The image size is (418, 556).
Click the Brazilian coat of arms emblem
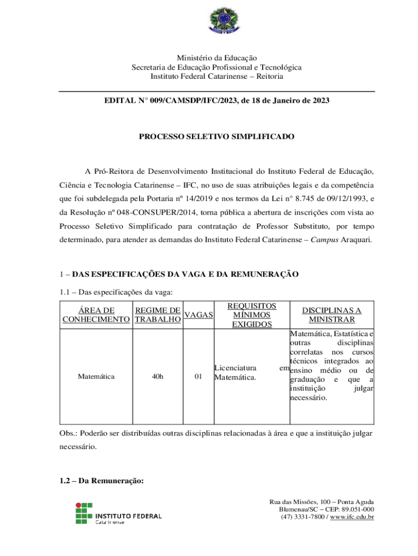coord(219,21)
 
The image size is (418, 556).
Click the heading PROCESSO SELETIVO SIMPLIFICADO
coord(217,137)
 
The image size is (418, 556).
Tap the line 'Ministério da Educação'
coord(217,58)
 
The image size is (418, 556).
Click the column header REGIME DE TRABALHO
coord(158,315)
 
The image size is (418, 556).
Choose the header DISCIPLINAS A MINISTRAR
coord(332,315)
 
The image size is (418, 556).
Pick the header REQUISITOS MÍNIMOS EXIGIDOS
coord(252,315)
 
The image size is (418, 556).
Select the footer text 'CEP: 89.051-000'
coord(347,509)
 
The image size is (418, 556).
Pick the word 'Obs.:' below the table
coord(68,434)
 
